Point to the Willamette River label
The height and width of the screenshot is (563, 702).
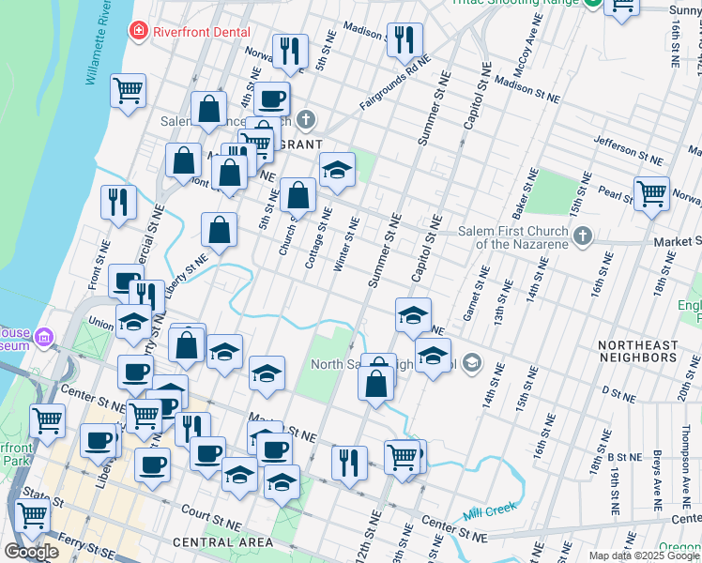point(99,44)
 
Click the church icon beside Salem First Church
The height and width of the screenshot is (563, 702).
point(583,237)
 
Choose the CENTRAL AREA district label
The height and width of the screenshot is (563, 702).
point(223,542)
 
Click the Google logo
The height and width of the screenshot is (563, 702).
point(31,551)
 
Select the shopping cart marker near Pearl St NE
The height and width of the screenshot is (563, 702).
point(650,193)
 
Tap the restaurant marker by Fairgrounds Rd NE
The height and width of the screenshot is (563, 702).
point(404,38)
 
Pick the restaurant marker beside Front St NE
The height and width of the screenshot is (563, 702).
point(118,202)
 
